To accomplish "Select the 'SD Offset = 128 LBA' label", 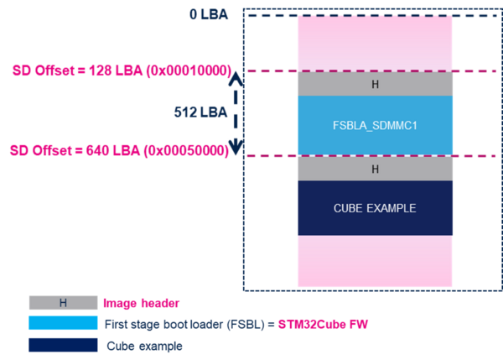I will click(119, 71).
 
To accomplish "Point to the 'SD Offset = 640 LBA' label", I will click(118, 151).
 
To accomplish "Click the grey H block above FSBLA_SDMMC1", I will click(374, 84).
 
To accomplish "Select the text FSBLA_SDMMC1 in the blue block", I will click(374, 125).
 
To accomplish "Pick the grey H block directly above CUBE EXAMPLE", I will click(374, 169).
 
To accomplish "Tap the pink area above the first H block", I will click(374, 43).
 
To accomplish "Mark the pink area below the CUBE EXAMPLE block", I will click(374, 261).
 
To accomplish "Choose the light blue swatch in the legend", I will click(63, 323).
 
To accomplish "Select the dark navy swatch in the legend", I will click(63, 344).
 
